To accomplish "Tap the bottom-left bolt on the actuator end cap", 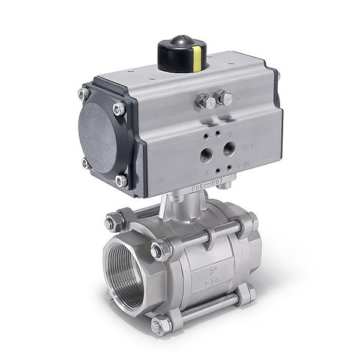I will pos(86,163).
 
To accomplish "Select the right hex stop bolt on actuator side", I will pos(224,97).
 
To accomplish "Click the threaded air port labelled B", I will pos(229,147).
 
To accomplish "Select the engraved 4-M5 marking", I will pos(244,163).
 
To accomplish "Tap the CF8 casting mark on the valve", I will pos(212,280).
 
